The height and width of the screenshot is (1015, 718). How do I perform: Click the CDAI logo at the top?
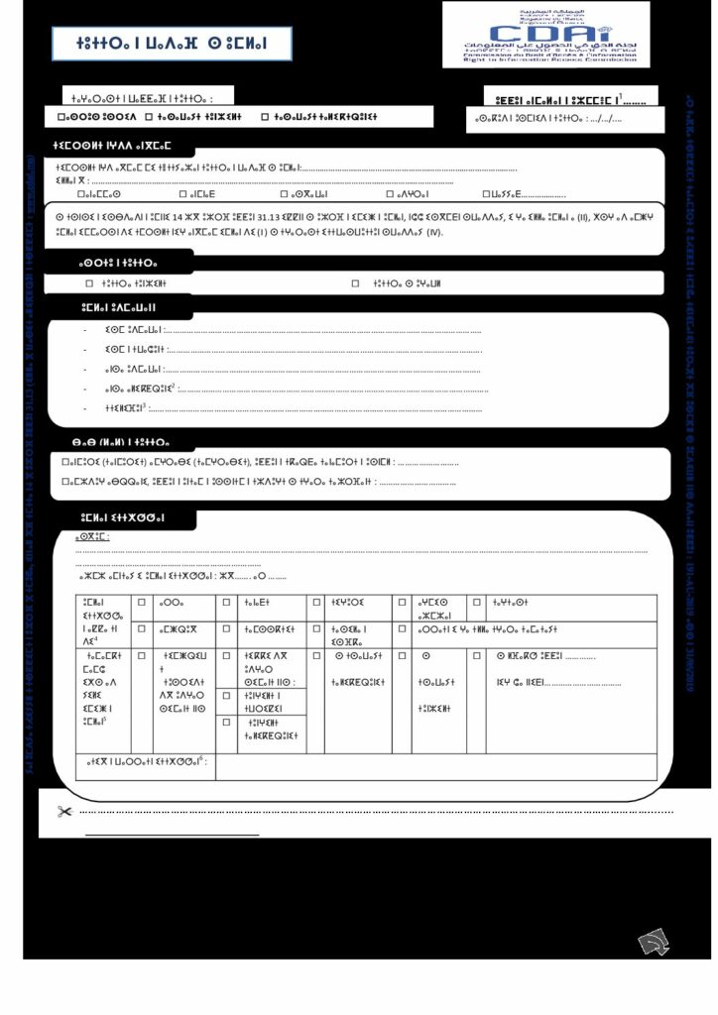tap(546, 34)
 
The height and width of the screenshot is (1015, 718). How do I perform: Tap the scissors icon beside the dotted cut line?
tap(65, 812)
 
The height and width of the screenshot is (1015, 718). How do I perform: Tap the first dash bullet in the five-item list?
tap(87, 329)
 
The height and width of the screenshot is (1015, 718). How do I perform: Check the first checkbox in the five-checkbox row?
tap(80, 194)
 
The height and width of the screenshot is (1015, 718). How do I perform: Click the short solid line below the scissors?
tap(172, 836)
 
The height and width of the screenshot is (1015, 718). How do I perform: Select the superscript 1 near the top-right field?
tap(620, 95)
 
